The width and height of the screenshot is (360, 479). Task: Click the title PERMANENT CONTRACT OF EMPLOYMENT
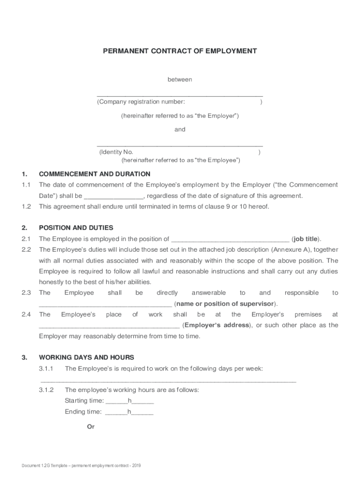180,51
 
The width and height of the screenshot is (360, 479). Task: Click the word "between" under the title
180,80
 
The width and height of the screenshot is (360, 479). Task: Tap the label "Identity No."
117,152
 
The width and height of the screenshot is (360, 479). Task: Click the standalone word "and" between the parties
180,130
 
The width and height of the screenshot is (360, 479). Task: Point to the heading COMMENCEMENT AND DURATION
94,174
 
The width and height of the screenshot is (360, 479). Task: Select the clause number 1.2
26,206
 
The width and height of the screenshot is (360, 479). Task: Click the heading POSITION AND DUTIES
76,228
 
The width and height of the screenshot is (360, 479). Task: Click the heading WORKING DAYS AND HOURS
86,357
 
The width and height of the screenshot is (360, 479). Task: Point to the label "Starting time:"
84,401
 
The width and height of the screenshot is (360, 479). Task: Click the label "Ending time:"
83,412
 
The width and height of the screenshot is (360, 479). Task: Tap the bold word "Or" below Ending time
91,427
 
